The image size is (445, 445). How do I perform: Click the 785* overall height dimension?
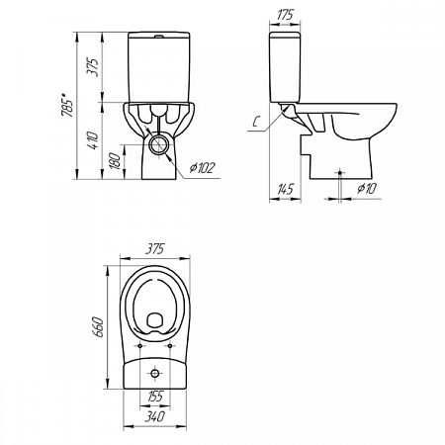(x=67, y=105)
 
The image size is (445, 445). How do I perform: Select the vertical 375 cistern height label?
(x=93, y=67)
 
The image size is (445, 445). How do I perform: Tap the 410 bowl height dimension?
(x=93, y=140)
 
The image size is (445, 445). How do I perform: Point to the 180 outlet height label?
(x=115, y=161)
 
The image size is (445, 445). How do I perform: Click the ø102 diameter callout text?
(x=203, y=168)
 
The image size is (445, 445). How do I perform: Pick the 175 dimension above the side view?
(x=285, y=15)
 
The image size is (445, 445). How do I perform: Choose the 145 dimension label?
(x=285, y=189)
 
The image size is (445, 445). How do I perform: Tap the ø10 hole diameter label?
(x=367, y=189)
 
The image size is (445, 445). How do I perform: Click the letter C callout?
(x=256, y=122)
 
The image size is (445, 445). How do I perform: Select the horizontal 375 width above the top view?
(x=154, y=249)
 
